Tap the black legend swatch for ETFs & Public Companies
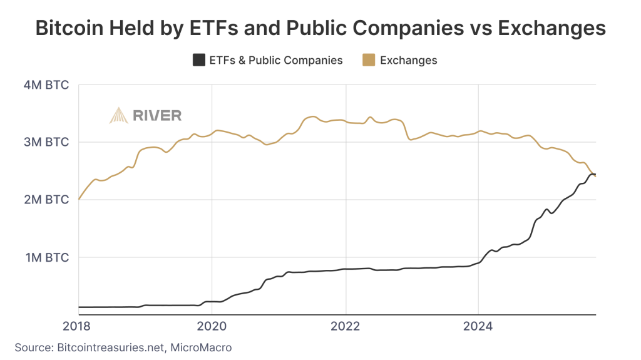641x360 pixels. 198,60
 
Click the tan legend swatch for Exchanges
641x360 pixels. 369,60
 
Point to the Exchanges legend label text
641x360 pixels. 408,60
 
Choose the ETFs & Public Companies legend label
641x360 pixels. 276,60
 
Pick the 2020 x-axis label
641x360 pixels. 212,326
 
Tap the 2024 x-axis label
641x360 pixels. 478,326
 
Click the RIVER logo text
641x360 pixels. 157,115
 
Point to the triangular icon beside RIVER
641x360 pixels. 119,115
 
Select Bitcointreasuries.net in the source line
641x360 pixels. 110,346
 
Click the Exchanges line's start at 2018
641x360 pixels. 79,198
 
